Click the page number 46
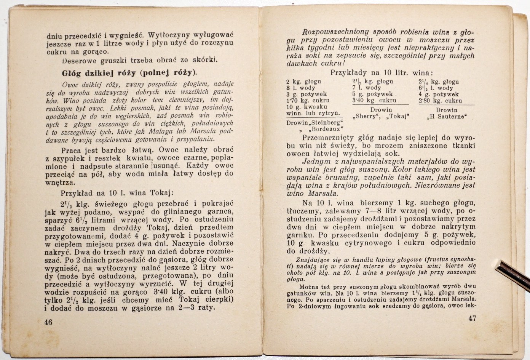48,322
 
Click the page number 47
472,318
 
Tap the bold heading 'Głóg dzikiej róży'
97,73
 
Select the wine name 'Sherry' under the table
368,117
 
